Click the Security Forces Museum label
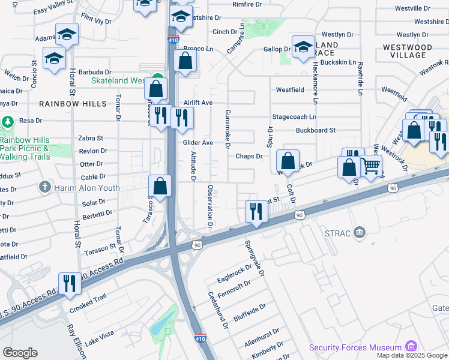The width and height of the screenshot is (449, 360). pyautogui.click(x=355, y=348)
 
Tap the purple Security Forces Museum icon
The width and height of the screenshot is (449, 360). pyautogui.click(x=411, y=346)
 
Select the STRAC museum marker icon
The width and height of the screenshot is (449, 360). pyautogui.click(x=360, y=232)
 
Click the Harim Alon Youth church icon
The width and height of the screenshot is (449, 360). pyautogui.click(x=44, y=187)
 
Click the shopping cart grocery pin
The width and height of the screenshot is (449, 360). pyautogui.click(x=372, y=166)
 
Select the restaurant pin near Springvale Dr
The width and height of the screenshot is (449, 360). pyautogui.click(x=256, y=211)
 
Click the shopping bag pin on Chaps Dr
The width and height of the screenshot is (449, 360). pyautogui.click(x=288, y=160)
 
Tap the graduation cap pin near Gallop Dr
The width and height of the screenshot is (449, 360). pyautogui.click(x=303, y=46)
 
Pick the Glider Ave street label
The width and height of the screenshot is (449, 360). pyautogui.click(x=198, y=143)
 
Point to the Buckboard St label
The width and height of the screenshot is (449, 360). pyautogui.click(x=315, y=130)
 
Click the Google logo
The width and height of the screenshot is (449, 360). pyautogui.click(x=20, y=353)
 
